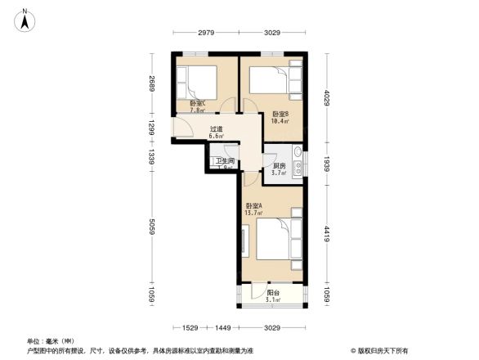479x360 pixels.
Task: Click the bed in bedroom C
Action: (199, 82)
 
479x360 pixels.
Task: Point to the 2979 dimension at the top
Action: (205, 33)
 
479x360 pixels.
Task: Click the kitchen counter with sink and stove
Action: (299, 161)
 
